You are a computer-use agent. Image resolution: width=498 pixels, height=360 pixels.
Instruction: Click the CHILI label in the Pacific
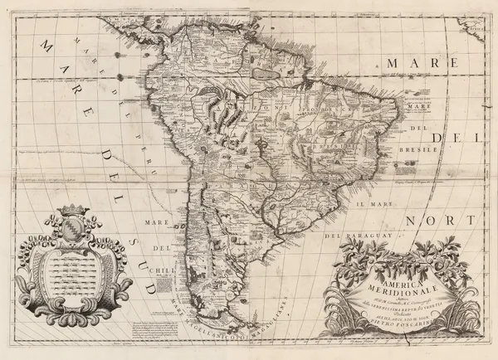click(159, 269)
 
